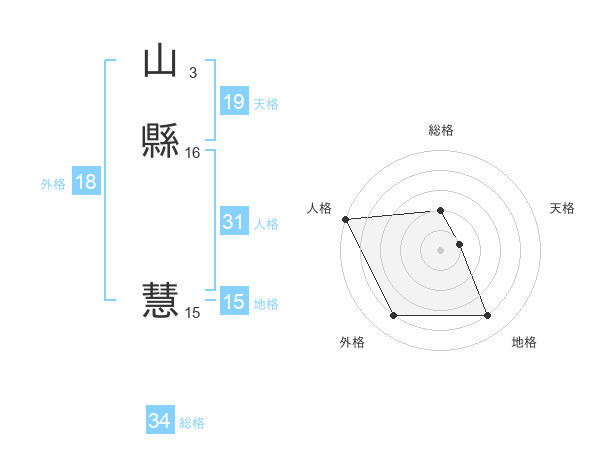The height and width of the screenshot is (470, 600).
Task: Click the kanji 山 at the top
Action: (160, 62)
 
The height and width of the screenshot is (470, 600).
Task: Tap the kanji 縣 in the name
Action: (160, 142)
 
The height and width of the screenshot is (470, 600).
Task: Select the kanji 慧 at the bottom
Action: (160, 300)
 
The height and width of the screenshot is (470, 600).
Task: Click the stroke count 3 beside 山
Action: (193, 72)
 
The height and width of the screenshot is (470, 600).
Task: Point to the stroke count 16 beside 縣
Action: (193, 153)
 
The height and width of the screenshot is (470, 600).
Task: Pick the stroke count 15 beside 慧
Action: (193, 313)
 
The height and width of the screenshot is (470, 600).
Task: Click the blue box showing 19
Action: (233, 102)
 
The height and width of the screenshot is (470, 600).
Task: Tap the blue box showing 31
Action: (233, 223)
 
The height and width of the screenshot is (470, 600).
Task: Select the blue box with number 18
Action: (85, 182)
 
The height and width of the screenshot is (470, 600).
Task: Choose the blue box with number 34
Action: (159, 422)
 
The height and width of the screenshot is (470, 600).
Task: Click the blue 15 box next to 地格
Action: (233, 302)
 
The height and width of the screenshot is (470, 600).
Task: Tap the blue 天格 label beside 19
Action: (266, 104)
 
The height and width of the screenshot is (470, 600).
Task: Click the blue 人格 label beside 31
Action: (266, 224)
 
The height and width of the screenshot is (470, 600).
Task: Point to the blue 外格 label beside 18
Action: (53, 184)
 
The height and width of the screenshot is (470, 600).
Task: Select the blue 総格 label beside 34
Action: (192, 424)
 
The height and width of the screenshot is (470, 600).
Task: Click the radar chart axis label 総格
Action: (441, 130)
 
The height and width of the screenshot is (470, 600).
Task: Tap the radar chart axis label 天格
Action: (563, 208)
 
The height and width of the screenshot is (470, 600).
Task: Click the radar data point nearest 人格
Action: (345, 219)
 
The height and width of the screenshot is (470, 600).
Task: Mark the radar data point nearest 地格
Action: (488, 316)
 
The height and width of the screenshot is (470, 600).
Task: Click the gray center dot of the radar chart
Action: (440, 249)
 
